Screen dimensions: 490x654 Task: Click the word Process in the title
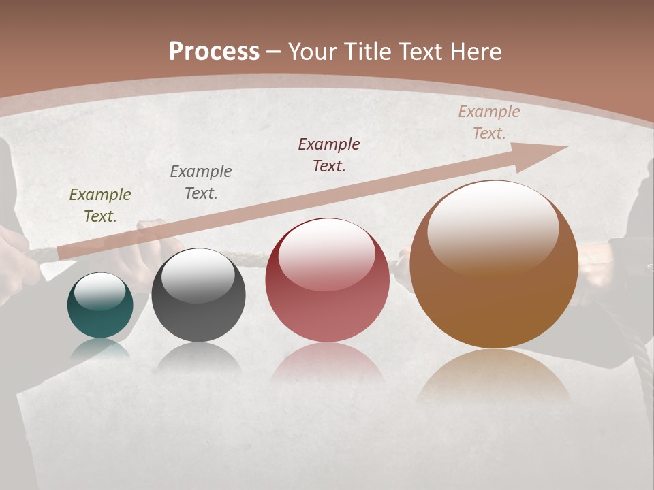click(x=214, y=52)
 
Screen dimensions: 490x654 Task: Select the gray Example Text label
click(x=201, y=182)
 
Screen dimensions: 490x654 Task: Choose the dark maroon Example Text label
click(x=329, y=155)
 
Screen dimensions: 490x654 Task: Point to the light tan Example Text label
click(x=489, y=122)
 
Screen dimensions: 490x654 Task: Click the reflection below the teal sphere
click(x=100, y=348)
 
